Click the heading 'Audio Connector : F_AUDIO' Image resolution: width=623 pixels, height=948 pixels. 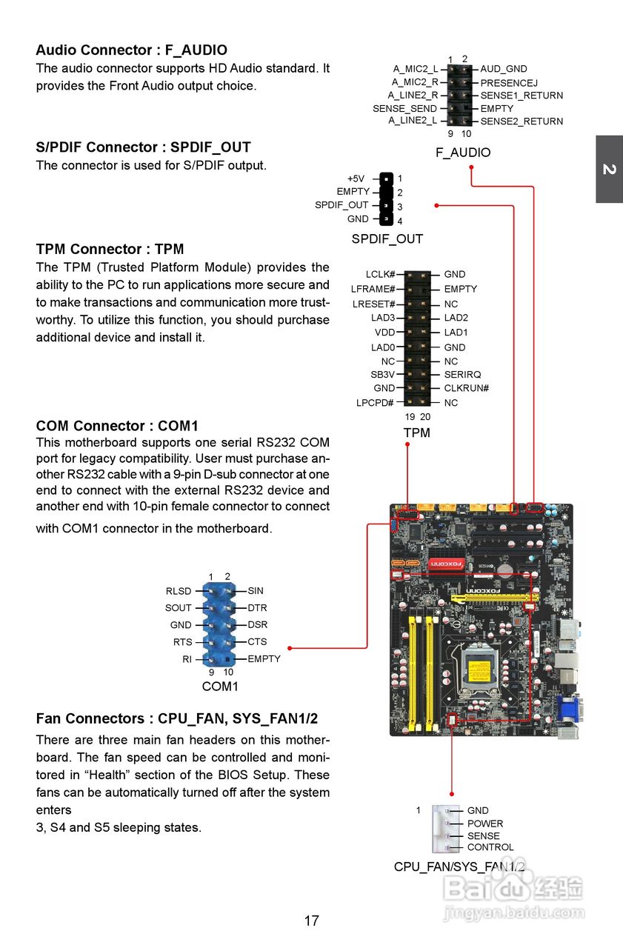click(x=131, y=50)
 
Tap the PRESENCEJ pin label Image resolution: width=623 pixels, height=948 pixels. click(x=508, y=83)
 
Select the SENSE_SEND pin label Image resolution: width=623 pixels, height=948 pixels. click(x=404, y=109)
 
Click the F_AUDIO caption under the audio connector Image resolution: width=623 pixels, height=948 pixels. click(x=462, y=153)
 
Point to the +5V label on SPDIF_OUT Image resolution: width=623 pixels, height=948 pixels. click(x=356, y=178)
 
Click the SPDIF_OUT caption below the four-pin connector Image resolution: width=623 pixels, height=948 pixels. click(x=387, y=239)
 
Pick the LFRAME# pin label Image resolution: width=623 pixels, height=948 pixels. click(x=373, y=289)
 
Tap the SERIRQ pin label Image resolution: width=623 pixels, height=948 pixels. click(x=462, y=375)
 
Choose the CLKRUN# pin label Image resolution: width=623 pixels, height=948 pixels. click(x=466, y=388)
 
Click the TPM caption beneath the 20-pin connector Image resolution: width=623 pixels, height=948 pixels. click(x=416, y=433)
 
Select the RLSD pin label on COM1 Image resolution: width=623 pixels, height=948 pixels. click(x=179, y=591)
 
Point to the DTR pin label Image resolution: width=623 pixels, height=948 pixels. click(x=257, y=608)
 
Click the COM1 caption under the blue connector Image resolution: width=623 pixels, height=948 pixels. click(x=220, y=687)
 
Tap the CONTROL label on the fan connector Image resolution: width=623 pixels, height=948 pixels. click(x=490, y=847)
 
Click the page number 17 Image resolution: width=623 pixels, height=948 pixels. click(x=311, y=921)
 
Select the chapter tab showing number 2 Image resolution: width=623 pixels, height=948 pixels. click(x=609, y=170)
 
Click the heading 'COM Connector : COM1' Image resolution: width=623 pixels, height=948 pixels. click(x=117, y=426)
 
